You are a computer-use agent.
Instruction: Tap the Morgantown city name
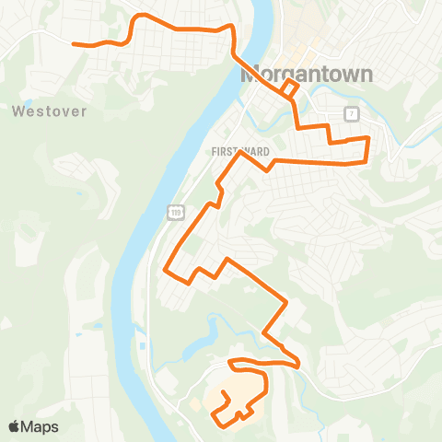click(307, 75)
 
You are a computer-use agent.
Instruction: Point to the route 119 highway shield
click(175, 213)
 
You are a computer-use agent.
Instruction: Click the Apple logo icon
click(15, 426)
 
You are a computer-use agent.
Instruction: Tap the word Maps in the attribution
click(40, 426)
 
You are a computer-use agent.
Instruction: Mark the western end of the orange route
click(75, 43)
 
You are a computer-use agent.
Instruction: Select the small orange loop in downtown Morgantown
click(289, 87)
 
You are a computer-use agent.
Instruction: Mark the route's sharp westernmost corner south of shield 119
click(166, 271)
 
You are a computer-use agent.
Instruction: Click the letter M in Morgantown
click(250, 75)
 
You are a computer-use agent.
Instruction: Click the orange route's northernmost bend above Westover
click(139, 16)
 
